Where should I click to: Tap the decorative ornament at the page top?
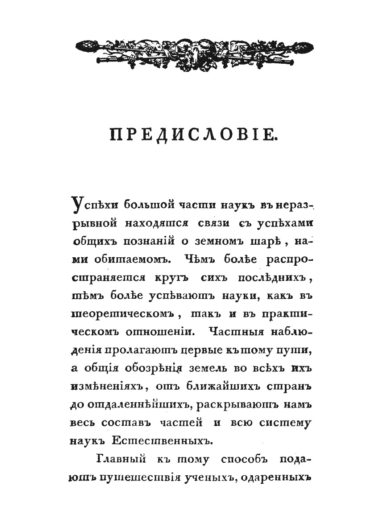pyautogui.click(x=190, y=49)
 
